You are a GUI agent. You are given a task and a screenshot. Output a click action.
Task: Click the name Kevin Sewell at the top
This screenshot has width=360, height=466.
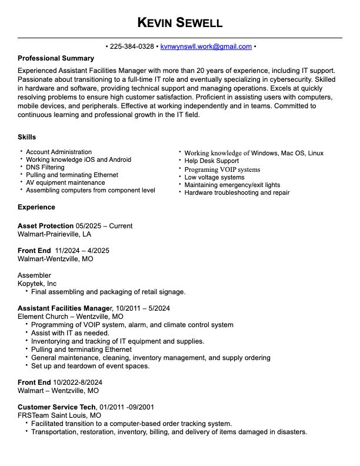pos(179,23)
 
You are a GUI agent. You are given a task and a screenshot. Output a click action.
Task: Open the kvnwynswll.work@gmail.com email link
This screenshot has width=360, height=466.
pos(206,46)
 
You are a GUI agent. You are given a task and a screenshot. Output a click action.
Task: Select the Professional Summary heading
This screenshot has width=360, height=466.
pos(56,58)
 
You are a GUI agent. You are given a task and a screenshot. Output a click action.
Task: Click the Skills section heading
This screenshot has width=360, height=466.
pos(27,137)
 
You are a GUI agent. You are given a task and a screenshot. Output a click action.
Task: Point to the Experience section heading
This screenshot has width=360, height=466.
pos(36,207)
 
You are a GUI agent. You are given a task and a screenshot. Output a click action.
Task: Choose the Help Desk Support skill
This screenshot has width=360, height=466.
pos(211,161)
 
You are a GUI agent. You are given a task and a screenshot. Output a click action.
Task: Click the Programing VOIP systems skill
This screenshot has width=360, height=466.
pos(222,169)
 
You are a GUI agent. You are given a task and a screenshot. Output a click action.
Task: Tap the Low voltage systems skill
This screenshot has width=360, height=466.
pos(214,177)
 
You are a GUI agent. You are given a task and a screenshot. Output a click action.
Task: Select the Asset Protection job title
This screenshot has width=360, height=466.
pos(45,226)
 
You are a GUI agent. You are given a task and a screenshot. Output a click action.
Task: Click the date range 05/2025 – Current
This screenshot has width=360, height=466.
pos(104,226)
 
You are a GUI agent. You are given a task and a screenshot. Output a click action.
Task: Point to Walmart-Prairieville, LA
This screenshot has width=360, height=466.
pos(54,234)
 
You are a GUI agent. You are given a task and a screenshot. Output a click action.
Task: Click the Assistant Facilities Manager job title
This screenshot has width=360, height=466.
pos(64,308)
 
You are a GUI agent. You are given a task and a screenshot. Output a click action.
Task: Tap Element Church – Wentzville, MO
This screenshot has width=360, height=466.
pos(71,317)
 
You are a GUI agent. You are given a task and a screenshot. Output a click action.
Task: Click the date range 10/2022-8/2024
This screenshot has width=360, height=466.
pos(78,382)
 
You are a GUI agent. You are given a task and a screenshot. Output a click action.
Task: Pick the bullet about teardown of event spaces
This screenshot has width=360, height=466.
pos(90,366)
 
